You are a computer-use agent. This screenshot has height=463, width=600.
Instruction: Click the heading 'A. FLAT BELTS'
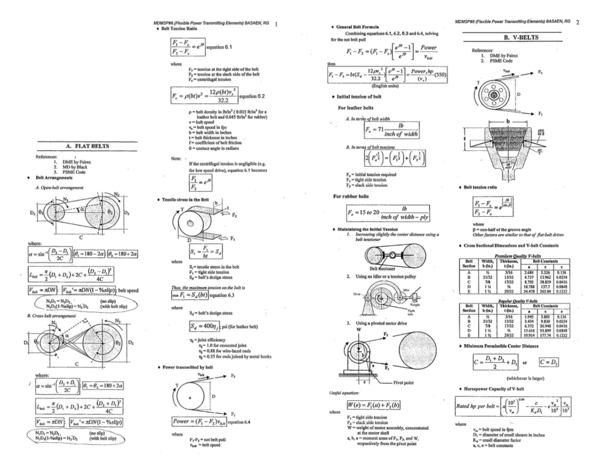pos(87,146)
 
